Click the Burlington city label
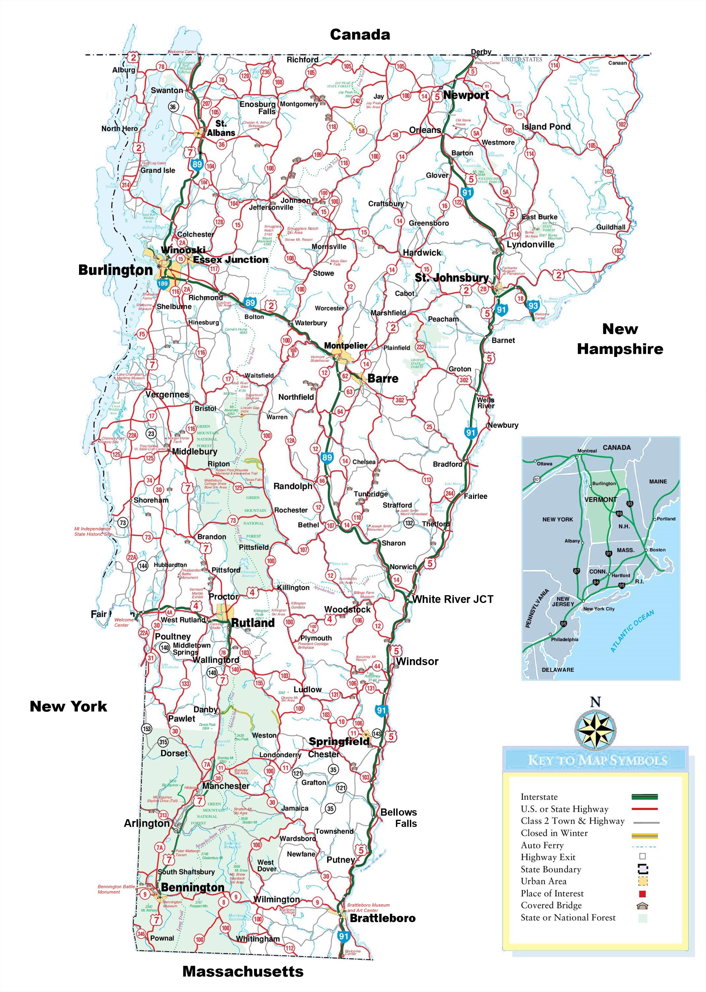115,270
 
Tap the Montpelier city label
346,345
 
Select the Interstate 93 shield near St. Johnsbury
533,305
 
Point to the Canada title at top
360,35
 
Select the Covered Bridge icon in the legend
642,906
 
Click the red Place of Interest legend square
642,894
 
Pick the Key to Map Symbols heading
597,760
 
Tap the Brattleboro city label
382,918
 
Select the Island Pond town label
546,127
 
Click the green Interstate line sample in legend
644,797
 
